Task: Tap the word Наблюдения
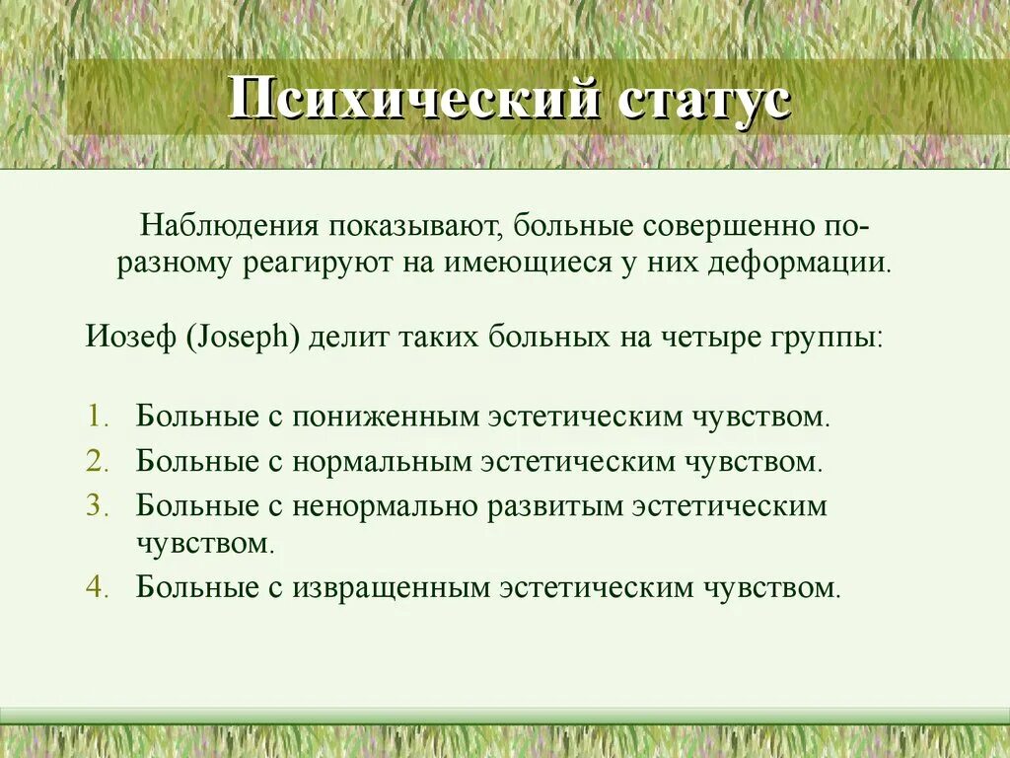coord(228,227)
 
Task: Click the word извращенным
coord(391,587)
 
